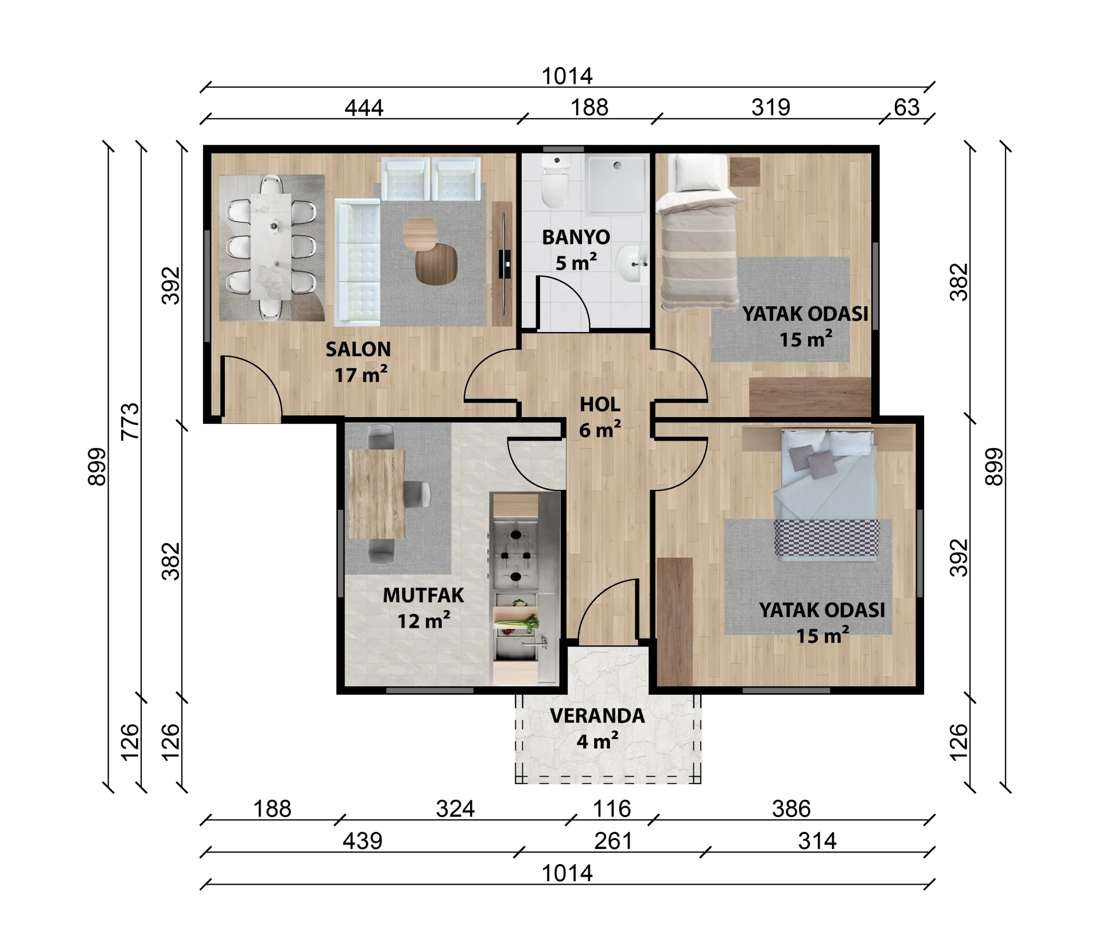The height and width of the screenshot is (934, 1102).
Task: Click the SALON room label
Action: coord(358,349)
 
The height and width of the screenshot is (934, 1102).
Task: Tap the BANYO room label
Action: coord(576,237)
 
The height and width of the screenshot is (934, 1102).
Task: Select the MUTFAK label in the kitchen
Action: coord(423,596)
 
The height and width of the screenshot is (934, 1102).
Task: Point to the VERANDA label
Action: coord(597,716)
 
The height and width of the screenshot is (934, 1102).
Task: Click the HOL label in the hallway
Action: coord(600,404)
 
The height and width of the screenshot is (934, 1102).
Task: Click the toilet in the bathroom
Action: coord(555,182)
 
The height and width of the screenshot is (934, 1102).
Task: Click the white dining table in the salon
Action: coord(271,247)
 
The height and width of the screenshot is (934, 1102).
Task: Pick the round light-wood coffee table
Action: coord(420,233)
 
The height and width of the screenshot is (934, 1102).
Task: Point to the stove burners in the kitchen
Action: coord(515,555)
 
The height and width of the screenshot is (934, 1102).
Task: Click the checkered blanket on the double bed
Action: coord(826,538)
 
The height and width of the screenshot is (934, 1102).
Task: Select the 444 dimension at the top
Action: coord(364,108)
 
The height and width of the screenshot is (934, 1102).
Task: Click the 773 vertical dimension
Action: coord(131,422)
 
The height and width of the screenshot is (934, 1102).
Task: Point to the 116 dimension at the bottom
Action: coord(612,809)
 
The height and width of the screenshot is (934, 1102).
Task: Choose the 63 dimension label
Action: coord(907,107)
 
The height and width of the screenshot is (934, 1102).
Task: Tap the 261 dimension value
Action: coord(614,841)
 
